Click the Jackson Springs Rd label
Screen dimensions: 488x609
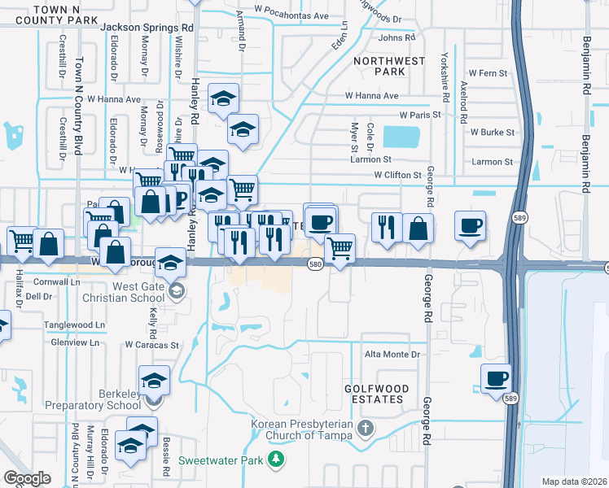(x=147, y=27)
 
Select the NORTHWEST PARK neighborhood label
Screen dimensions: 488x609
(x=389, y=66)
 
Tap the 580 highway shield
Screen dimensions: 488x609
(x=316, y=264)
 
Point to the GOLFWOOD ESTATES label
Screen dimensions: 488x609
(x=374, y=394)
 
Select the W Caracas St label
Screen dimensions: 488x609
(x=151, y=346)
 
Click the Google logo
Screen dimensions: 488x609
(x=27, y=478)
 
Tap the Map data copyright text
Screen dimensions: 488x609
(x=573, y=481)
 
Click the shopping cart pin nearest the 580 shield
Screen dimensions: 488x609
(x=340, y=248)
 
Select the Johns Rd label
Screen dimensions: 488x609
(x=397, y=37)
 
